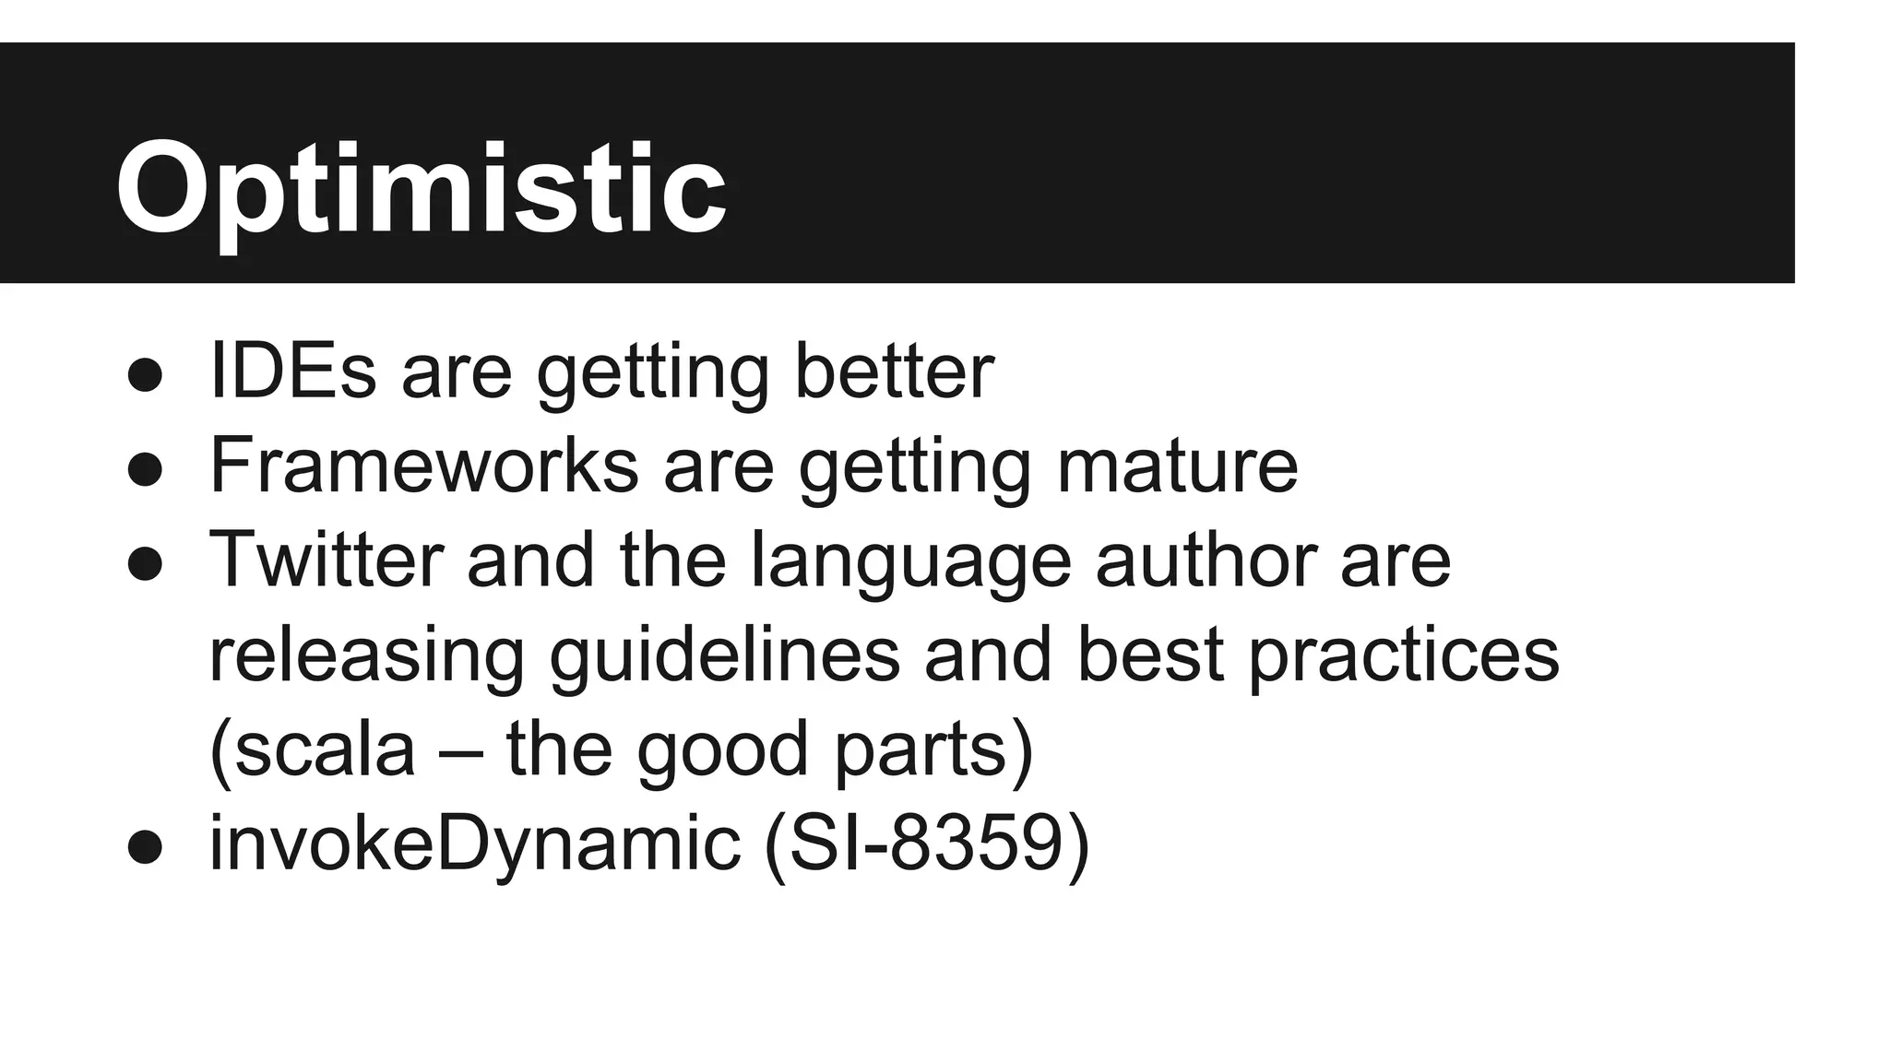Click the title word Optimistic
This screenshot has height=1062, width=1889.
(x=421, y=191)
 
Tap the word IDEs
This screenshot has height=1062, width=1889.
(x=292, y=371)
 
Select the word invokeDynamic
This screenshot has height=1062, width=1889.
(x=475, y=844)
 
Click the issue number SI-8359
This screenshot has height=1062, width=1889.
(x=926, y=844)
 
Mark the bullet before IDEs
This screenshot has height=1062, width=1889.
(x=145, y=375)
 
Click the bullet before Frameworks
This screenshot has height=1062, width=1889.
(x=145, y=469)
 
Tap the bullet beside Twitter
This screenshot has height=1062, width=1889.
(x=145, y=563)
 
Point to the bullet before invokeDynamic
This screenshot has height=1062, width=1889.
(x=145, y=846)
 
